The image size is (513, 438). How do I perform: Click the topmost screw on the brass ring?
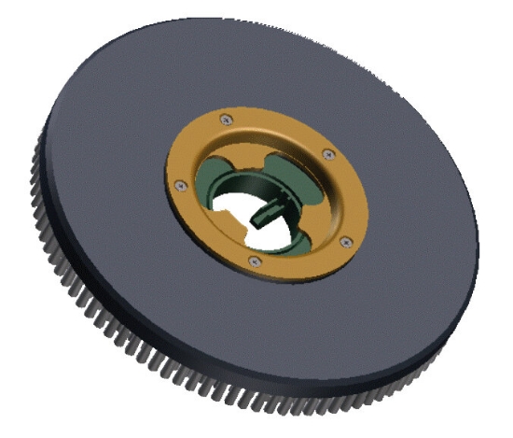click(x=226, y=118)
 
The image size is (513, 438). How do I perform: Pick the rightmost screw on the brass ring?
click(x=346, y=242)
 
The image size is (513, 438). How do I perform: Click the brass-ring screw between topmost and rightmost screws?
click(x=326, y=153)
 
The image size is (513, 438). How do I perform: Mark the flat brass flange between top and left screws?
click(x=191, y=145)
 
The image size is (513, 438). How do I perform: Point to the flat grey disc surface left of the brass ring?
click(x=103, y=168)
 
